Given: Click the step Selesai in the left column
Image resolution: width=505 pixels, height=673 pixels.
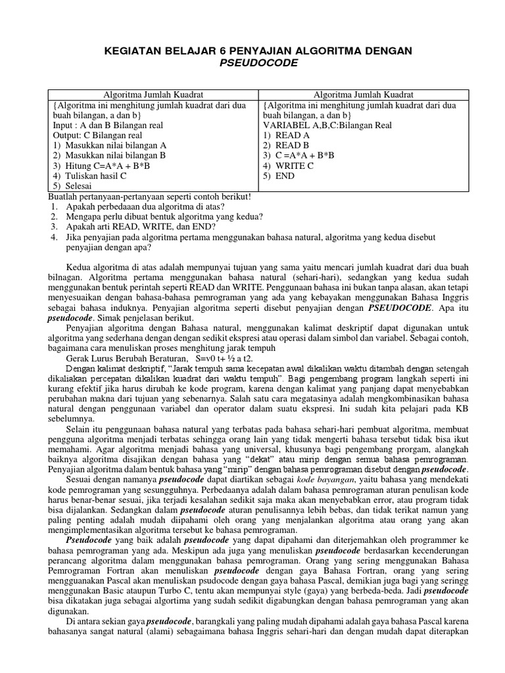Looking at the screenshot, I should point(80,187).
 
